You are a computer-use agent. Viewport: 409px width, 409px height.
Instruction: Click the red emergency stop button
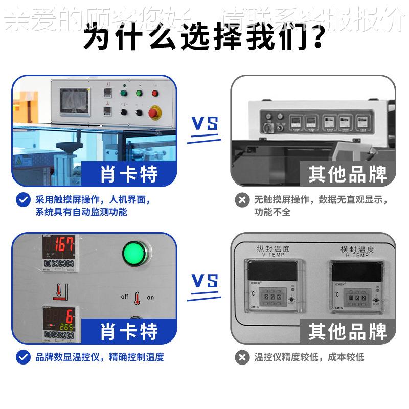[x=153, y=112]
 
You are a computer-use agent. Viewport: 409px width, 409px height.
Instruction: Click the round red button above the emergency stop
[x=154, y=93]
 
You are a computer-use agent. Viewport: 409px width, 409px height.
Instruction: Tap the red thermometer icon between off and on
[x=137, y=297]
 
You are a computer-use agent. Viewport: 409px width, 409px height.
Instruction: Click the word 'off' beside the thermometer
[x=124, y=297]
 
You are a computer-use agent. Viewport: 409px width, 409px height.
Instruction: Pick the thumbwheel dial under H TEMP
[x=357, y=297]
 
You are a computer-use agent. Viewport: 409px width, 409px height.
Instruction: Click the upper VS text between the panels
[x=204, y=124]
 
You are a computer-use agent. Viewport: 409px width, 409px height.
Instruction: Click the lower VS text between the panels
[x=204, y=281]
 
